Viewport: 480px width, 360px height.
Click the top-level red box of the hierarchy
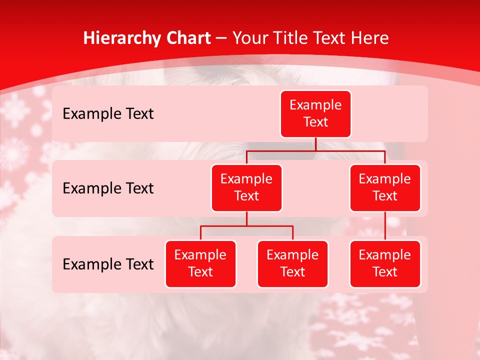click(315, 114)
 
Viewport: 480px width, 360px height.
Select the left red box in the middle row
click(246, 188)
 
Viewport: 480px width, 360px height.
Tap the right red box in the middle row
click(385, 188)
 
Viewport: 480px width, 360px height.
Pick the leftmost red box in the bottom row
click(200, 264)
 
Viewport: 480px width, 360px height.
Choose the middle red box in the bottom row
click(292, 264)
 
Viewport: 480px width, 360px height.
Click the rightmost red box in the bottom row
click(385, 264)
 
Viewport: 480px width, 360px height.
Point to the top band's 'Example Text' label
click(108, 114)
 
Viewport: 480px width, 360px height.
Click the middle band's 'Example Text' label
click(108, 188)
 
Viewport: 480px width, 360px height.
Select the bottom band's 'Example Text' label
click(108, 264)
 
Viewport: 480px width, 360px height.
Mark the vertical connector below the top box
click(315, 144)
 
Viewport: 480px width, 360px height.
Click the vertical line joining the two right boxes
click(385, 226)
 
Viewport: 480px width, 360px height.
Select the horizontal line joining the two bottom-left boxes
click(246, 226)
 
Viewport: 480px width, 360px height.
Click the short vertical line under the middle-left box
click(246, 219)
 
